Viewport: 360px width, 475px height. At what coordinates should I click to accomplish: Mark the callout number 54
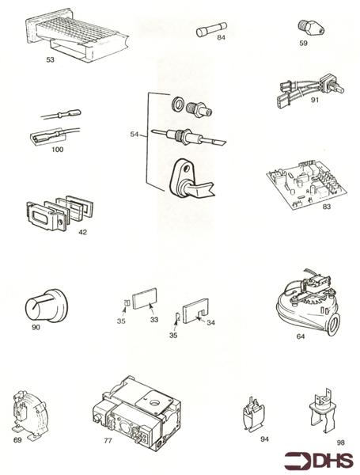click(136, 135)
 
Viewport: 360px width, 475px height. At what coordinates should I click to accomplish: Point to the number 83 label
click(305, 207)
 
